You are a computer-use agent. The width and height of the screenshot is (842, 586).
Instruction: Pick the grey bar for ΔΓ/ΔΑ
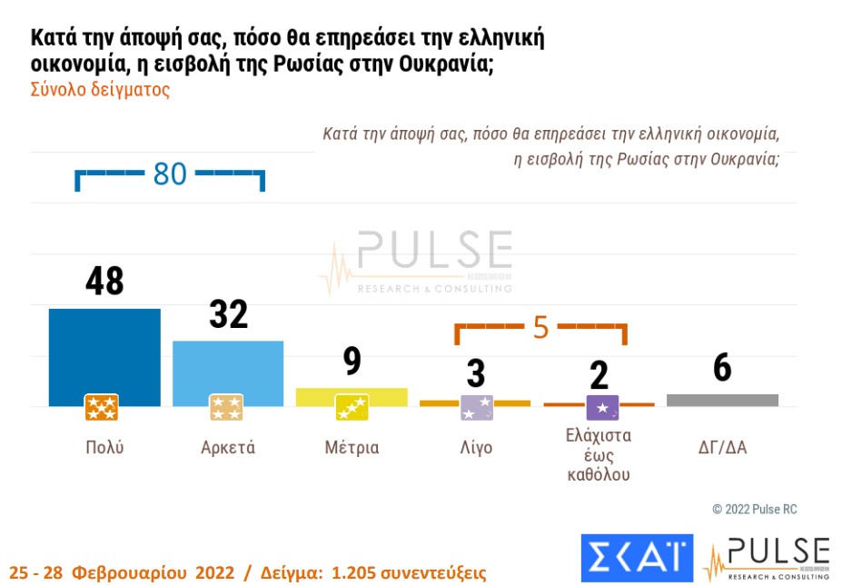tap(722, 400)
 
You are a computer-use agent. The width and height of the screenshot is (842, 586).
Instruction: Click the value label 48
tap(104, 282)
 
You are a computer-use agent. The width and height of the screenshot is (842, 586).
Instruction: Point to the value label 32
tap(228, 314)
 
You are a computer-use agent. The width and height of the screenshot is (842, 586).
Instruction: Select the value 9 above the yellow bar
tap(352, 361)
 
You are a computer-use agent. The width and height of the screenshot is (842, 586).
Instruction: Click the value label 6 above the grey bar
tap(722, 368)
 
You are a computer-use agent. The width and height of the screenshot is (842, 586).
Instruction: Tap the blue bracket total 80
tap(170, 174)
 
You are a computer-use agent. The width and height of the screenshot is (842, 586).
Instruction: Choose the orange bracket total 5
tap(541, 327)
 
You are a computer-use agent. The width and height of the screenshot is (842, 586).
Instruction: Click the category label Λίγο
tap(475, 448)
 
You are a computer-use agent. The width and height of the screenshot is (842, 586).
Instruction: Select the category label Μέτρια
tap(352, 448)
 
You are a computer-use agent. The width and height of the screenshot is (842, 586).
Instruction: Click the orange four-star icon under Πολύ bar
tap(102, 408)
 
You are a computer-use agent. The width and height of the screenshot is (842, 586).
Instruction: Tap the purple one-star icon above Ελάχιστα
tap(602, 408)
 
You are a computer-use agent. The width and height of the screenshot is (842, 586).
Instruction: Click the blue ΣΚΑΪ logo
tap(636, 557)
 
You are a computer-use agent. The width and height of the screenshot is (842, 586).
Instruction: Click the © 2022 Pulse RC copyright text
tap(754, 510)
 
